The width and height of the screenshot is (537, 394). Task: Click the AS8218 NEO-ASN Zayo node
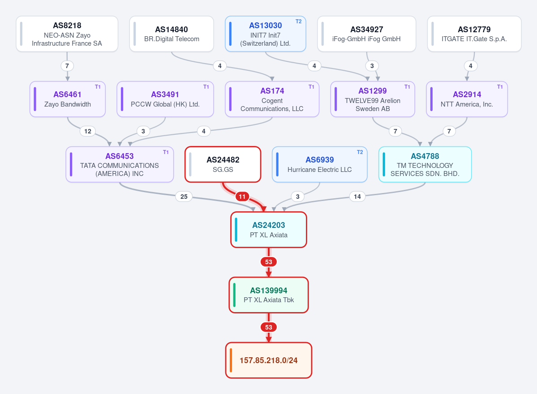pos(67,34)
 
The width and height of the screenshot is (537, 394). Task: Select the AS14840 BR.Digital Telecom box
pos(172,34)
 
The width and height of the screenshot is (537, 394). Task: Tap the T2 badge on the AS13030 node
pos(299,21)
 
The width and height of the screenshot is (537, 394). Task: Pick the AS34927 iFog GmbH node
pos(366,34)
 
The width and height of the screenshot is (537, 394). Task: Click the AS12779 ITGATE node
pos(474,34)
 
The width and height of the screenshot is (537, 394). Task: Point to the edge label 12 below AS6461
pos(88,131)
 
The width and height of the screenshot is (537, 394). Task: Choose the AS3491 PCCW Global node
pos(165,99)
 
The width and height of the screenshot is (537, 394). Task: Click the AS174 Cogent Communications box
pos(272,99)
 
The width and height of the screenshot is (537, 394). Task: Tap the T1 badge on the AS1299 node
pos(407,87)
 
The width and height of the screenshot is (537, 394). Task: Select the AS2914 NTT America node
pos(467,99)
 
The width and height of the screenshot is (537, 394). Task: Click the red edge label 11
pos(242,197)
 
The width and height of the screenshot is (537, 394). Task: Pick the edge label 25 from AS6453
pos(184,197)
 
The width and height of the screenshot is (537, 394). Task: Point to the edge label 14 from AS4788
pos(357,197)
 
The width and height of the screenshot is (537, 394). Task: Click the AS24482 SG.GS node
pos(223,164)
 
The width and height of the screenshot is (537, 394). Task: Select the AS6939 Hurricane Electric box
pos(319,164)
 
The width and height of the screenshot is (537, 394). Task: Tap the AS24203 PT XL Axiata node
pos(269,230)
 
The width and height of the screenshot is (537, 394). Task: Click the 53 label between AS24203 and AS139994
pos(269,262)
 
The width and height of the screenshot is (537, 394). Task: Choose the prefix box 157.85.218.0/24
pos(269,360)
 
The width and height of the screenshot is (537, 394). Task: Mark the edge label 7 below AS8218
pos(67,66)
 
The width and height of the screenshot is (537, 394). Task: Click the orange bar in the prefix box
pos(231,360)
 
